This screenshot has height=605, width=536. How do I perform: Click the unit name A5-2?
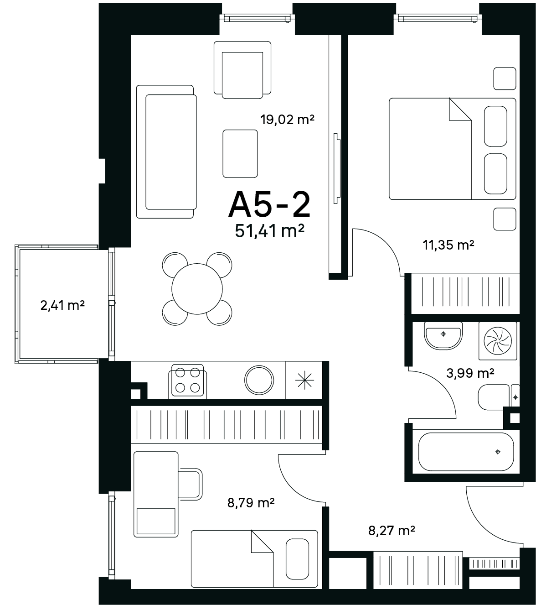point(269,205)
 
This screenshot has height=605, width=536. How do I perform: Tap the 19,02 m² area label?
point(287,120)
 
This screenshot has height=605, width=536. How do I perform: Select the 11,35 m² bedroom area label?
point(448,245)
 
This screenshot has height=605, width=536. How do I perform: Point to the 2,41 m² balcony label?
point(62,306)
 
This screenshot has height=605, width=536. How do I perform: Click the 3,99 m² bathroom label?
point(470,373)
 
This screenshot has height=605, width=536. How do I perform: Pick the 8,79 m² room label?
point(251,503)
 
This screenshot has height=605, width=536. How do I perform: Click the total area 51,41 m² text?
point(269,231)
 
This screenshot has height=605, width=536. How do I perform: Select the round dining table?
point(197,289)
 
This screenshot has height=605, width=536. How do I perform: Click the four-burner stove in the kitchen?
point(188,381)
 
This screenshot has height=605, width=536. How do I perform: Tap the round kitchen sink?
point(259,381)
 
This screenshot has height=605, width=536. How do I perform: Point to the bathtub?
point(466,452)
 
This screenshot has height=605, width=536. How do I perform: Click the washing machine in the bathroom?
point(498,341)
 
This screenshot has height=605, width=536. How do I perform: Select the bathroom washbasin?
point(443,336)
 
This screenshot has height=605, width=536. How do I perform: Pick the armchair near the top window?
point(242,70)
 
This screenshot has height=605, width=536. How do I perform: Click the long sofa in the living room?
point(166,151)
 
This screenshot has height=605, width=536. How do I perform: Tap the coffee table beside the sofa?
point(240,153)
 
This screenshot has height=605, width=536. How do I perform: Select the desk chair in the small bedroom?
point(191,485)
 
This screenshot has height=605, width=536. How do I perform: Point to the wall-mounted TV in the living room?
point(337,168)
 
